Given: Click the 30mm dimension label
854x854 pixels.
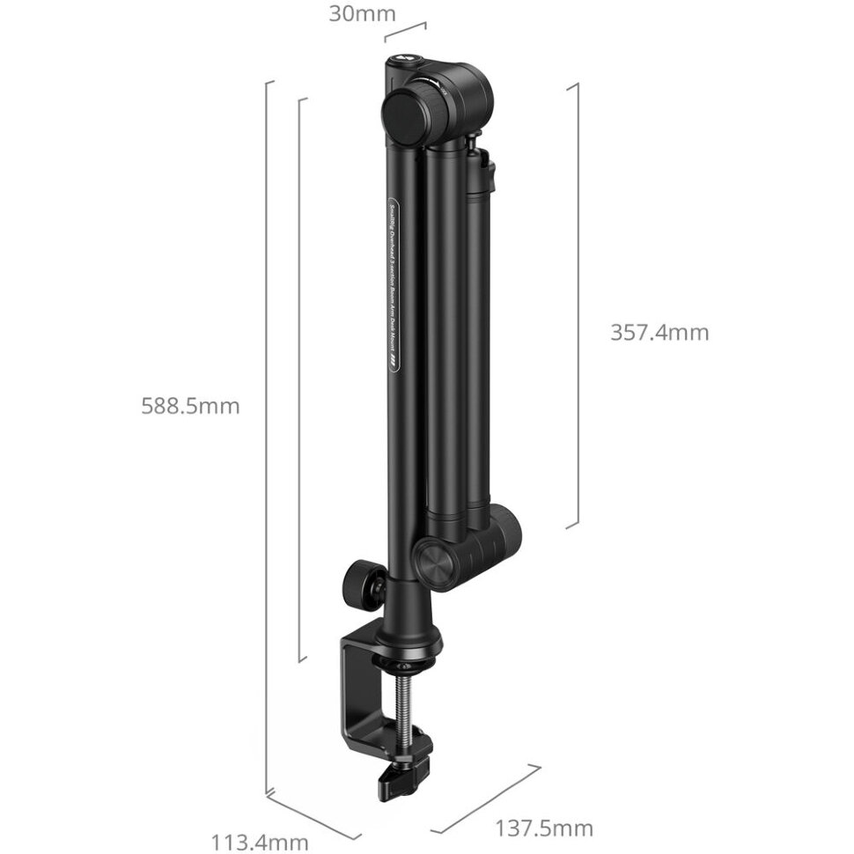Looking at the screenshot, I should [362, 14].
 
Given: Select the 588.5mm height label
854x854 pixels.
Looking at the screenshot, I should [190, 406].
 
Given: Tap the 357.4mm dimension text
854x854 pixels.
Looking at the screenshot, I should [659, 332].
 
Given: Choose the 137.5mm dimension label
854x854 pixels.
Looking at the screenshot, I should [543, 828].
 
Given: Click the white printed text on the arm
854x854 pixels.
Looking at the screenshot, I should [394, 282].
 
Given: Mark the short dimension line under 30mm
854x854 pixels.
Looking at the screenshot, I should [406, 32].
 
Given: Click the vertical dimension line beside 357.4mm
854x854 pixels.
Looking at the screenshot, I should [577, 304].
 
